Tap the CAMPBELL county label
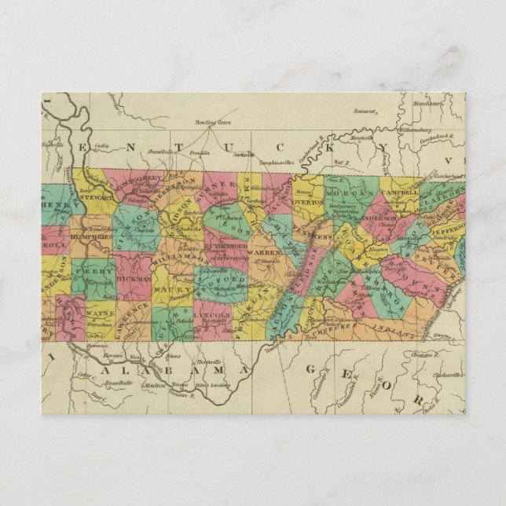(x=401, y=191)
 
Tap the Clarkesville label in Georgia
(x=449, y=376)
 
